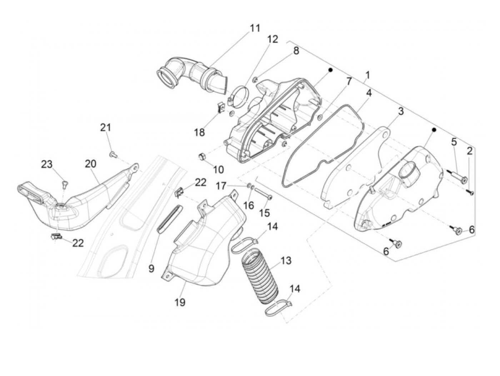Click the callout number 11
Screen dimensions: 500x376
(255, 28)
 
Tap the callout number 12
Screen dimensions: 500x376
(272, 39)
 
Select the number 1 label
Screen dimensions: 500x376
(367, 75)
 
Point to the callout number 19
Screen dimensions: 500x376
(180, 302)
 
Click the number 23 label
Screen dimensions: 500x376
(46, 164)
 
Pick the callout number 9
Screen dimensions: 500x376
(151, 268)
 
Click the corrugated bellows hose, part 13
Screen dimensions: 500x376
(259, 279)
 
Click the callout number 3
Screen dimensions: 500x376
(401, 111)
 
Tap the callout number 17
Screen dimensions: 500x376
(221, 186)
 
